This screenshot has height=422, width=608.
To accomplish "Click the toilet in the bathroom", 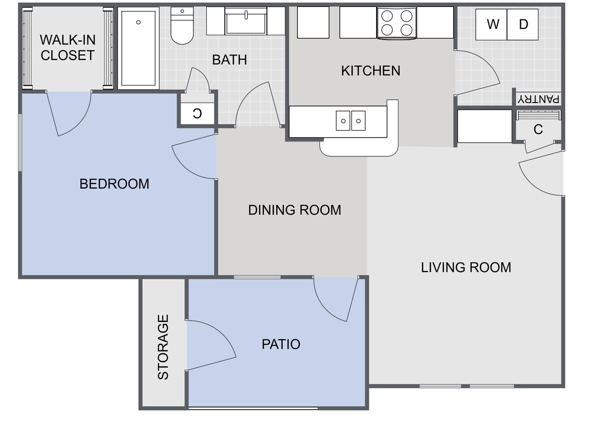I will click(182, 25).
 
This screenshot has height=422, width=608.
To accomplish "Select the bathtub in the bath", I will click(138, 48).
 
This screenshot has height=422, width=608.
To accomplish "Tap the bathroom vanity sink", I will click(246, 21).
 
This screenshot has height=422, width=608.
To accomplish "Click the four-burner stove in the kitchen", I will click(397, 23).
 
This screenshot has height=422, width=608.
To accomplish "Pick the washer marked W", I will click(492, 24).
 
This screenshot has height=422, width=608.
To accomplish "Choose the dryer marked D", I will click(523, 24).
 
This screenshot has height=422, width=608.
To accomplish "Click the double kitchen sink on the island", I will click(350, 121).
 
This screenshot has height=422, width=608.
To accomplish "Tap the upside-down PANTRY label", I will click(539, 98).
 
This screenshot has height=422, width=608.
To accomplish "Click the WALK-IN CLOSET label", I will click(67, 47).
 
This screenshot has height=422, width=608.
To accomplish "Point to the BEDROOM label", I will click(114, 184).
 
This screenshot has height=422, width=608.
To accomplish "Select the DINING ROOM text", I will click(294, 210).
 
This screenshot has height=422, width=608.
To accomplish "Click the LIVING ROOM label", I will click(466, 267).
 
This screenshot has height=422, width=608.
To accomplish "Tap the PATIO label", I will click(281, 344).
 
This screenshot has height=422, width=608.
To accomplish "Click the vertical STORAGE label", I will click(163, 346).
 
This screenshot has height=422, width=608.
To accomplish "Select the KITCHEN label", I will click(370, 71).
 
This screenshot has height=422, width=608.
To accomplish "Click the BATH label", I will click(229, 60).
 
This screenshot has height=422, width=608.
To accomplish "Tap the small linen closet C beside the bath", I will click(197, 113).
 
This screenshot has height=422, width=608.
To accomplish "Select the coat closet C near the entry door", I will click(538, 129).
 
